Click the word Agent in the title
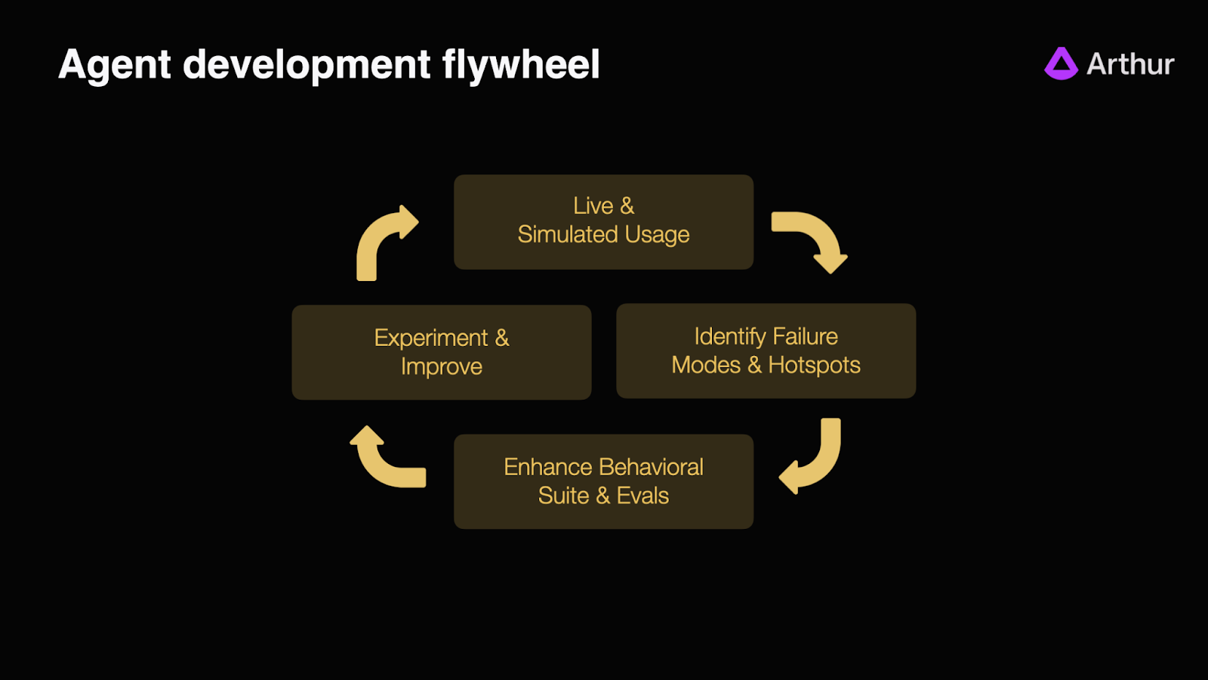coord(115,65)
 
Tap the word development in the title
coord(307,65)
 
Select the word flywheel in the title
coord(521,65)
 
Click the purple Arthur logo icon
coord(1061,64)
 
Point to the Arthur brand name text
coord(1130,64)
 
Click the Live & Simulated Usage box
coord(603,221)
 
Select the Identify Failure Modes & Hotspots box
coord(766,351)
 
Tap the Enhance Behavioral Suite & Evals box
coord(603,481)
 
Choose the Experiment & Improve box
coord(441,352)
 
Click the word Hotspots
coord(814,366)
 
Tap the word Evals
coord(643,496)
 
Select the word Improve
coord(441,367)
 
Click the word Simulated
coord(568,235)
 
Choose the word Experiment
coord(431,338)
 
